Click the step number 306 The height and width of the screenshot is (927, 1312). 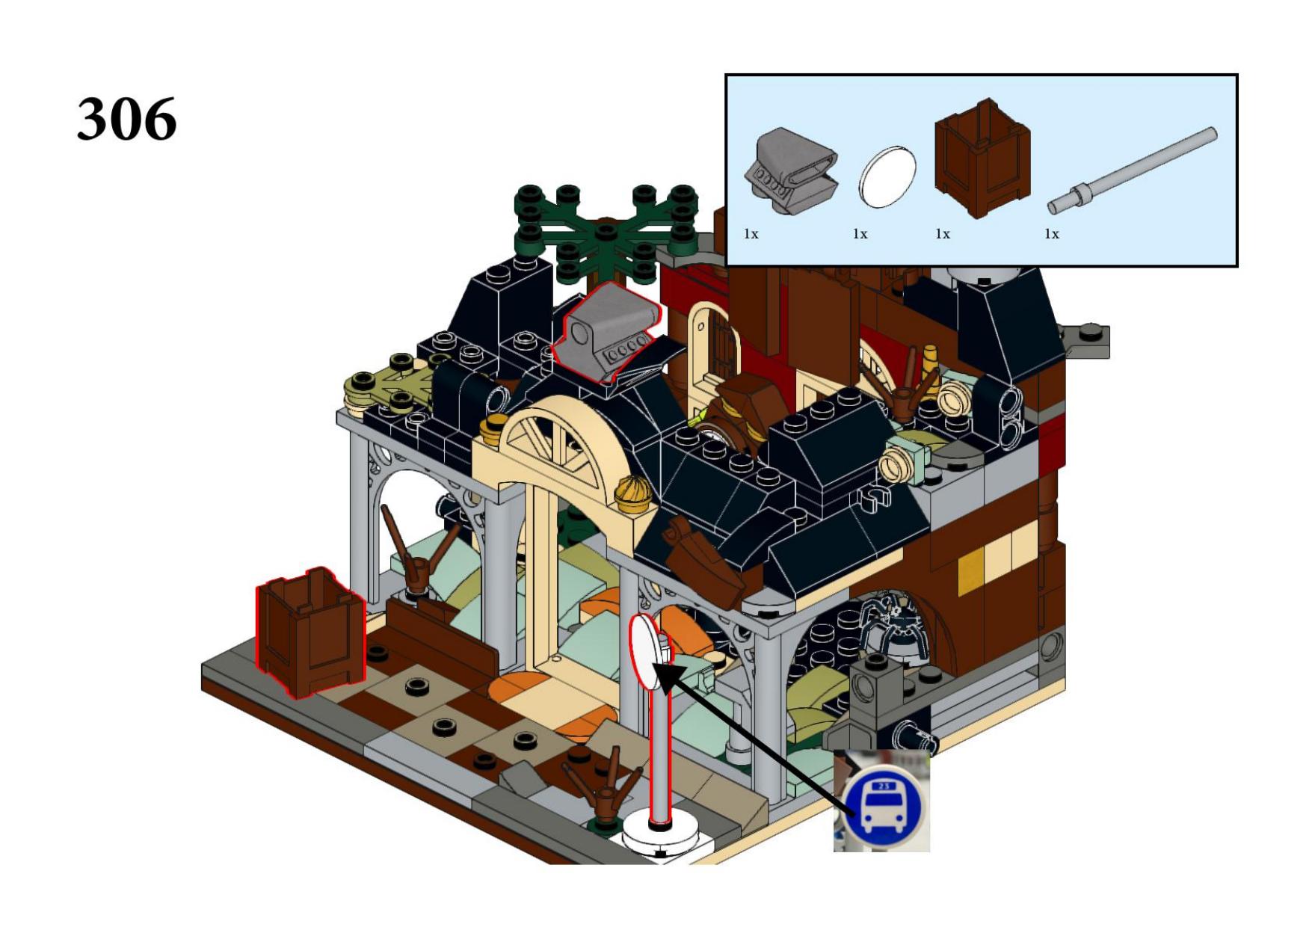pos(126,118)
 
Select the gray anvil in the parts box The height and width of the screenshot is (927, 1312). pos(791,171)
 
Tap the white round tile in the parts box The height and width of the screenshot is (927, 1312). pos(887,177)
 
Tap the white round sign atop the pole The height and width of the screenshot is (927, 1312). pos(647,652)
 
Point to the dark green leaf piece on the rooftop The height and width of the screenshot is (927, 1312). pos(606,233)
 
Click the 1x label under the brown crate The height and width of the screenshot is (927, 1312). pos(943,234)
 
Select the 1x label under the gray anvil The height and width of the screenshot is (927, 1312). pos(751,234)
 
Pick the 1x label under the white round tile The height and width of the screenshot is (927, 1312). pos(860,234)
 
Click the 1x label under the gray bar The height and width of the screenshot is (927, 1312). pos(1052,234)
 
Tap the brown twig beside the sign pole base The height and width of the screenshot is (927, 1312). pos(603,789)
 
